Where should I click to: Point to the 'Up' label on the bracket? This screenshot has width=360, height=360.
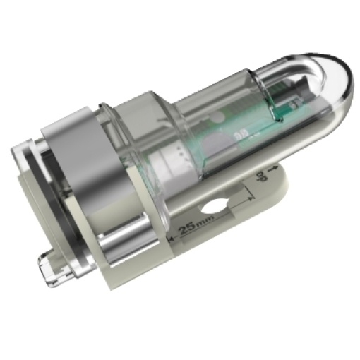tap(261, 176)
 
